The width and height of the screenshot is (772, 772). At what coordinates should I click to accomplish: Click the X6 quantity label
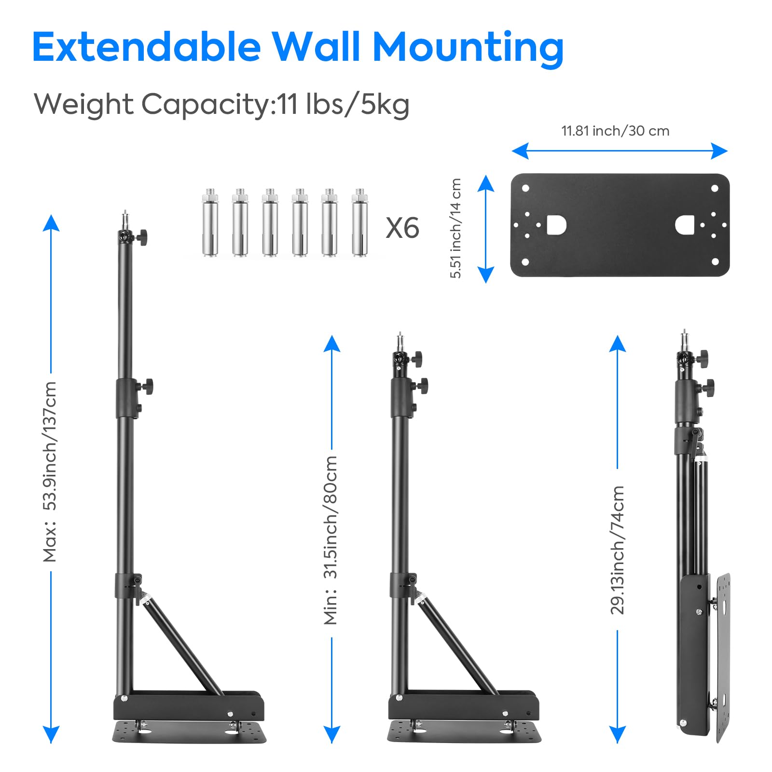[402, 228]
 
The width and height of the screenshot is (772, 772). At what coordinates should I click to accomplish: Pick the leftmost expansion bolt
[210, 223]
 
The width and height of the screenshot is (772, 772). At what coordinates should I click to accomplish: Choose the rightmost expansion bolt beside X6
[359, 223]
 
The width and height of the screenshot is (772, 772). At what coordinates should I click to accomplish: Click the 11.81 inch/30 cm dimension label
[615, 131]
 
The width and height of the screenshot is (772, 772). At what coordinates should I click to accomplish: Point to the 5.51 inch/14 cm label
[456, 228]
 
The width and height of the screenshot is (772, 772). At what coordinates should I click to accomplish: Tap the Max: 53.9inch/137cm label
[50, 472]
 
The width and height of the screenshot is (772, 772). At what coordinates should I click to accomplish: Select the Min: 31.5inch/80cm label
[331, 540]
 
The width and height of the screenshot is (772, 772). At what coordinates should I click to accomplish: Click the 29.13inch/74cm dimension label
[618, 550]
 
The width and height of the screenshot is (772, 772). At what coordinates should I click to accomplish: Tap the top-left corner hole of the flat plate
[526, 188]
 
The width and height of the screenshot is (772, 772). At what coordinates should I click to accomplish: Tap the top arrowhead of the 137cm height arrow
[51, 223]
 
